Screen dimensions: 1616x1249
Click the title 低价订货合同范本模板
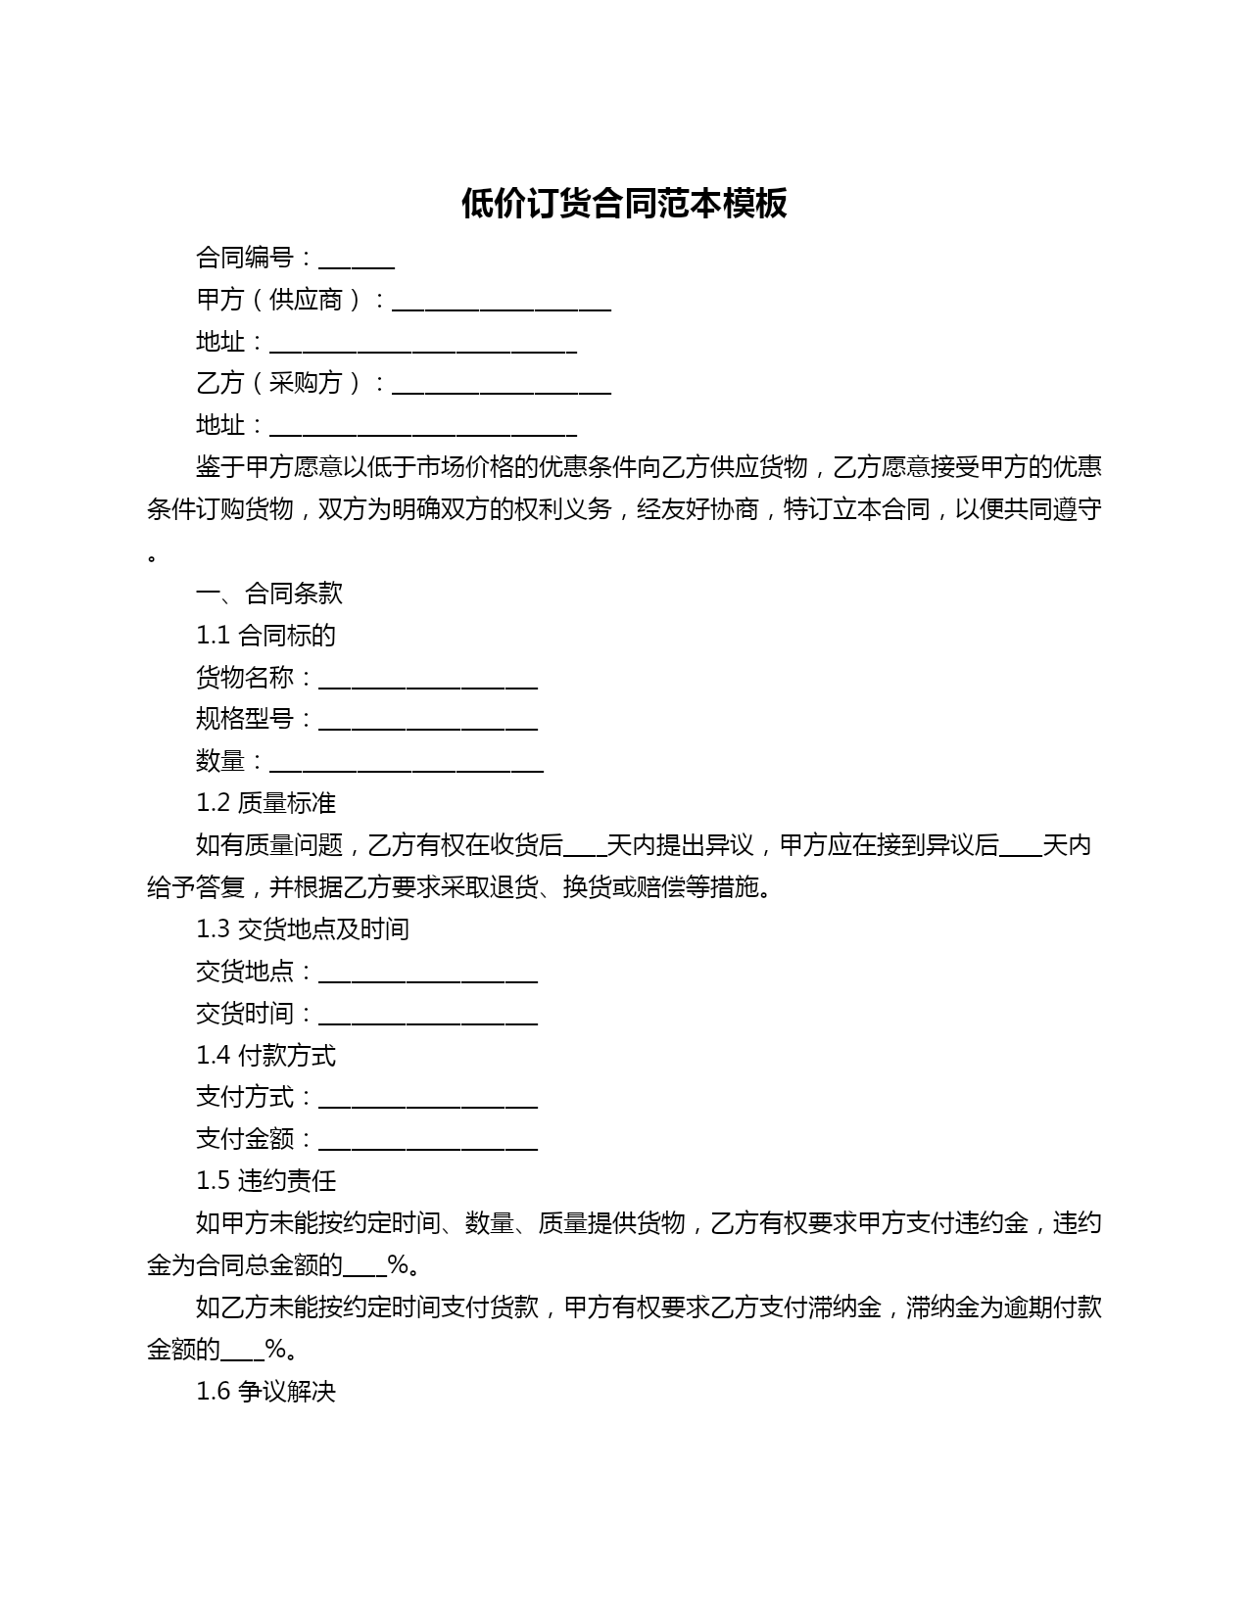pos(624,204)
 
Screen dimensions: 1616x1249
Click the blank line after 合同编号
pos(357,261)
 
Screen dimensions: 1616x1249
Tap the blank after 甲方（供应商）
pos(502,302)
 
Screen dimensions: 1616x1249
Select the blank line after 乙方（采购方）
pos(502,385)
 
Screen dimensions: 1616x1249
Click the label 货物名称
pos(245,678)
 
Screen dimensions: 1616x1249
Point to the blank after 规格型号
pos(428,721)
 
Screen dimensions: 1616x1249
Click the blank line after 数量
pos(407,763)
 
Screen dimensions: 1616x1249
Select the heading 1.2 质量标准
pos(265,803)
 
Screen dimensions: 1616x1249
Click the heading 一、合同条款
pos(269,594)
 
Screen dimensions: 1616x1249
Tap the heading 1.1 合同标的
pos(265,636)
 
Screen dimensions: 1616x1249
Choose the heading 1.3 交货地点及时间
pos(302,928)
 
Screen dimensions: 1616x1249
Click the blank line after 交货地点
pos(428,973)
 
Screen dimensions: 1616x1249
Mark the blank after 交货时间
pos(428,1015)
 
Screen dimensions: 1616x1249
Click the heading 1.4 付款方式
pos(265,1056)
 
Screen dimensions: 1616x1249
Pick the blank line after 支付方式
pos(428,1099)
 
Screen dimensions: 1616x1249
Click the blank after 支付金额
pos(428,1141)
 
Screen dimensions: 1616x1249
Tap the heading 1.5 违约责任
pos(265,1181)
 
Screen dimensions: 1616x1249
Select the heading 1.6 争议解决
pos(265,1392)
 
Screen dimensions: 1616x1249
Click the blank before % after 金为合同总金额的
pos(365,1267)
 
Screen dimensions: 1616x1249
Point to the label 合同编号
pos(245,259)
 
